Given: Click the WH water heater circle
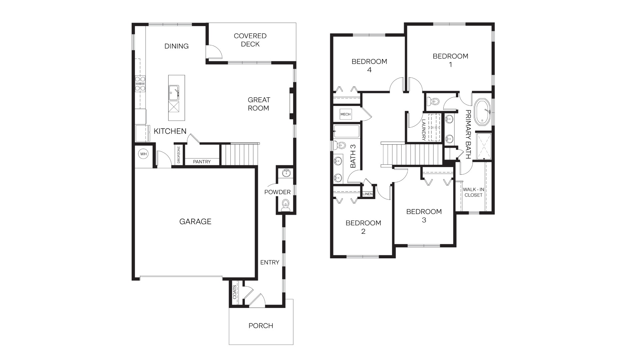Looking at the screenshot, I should pyautogui.click(x=143, y=154).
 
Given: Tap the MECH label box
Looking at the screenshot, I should pyautogui.click(x=345, y=114).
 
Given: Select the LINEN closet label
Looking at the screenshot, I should pyautogui.click(x=367, y=194).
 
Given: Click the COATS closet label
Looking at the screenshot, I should pyautogui.click(x=235, y=292).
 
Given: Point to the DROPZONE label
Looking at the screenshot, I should pyautogui.click(x=179, y=154).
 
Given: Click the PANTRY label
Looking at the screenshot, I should pyautogui.click(x=202, y=162).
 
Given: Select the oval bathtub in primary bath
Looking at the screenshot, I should pyautogui.click(x=482, y=112).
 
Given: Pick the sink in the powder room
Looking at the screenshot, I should pyautogui.click(x=286, y=173).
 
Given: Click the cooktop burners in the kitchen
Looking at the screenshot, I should pyautogui.click(x=140, y=84).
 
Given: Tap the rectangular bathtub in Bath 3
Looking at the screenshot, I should pyautogui.click(x=347, y=131).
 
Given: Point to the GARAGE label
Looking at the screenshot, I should pyautogui.click(x=195, y=222).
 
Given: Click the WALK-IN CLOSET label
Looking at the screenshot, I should pyautogui.click(x=473, y=192).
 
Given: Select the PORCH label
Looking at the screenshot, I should pyautogui.click(x=261, y=326).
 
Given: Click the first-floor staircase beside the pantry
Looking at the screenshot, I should pyautogui.click(x=240, y=154).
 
